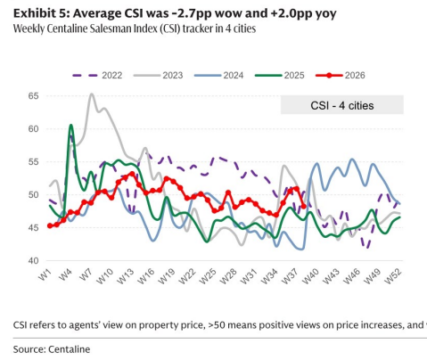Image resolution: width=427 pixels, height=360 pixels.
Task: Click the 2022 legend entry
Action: coord(97,75)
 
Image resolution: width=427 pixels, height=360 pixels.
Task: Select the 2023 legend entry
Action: coord(158,75)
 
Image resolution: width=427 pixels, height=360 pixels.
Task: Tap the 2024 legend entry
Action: coord(218,75)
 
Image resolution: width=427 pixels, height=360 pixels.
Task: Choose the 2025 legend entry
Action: coord(280,75)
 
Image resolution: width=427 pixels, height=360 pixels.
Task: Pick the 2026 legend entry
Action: coord(341,75)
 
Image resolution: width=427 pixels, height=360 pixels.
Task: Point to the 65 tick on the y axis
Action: coord(34,96)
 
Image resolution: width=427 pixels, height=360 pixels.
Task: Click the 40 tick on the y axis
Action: coord(34,260)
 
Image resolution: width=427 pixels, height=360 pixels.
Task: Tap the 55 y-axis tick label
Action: coord(34,162)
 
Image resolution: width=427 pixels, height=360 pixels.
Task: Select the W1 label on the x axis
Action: coord(44,275)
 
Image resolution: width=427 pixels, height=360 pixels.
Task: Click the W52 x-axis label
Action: coord(394,276)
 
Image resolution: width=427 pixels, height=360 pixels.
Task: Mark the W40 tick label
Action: coord(312,276)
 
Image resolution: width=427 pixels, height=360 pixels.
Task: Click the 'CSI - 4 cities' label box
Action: coord(342,105)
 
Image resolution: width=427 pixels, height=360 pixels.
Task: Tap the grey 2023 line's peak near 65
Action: coord(92,94)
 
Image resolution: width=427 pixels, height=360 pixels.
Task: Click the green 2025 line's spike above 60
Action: coord(71,125)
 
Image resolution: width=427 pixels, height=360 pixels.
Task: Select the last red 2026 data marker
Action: coord(303,206)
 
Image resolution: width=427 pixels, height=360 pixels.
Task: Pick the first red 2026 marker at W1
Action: coord(50,225)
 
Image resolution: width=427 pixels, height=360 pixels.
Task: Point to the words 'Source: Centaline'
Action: coord(52,349)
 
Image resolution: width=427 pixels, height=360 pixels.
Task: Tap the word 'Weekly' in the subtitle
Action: coord(28,29)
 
